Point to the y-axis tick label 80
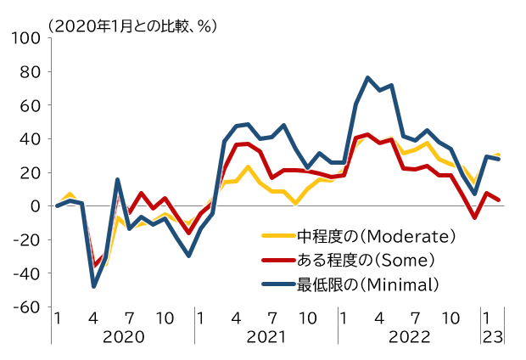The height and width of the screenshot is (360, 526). click(x=30, y=71)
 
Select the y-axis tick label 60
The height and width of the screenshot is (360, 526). click(x=30, y=105)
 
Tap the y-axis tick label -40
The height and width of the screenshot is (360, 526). click(x=26, y=273)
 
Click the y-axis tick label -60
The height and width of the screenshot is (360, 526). click(x=26, y=307)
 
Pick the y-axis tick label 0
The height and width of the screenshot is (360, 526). click(x=35, y=206)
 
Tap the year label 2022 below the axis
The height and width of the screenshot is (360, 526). click(x=409, y=336)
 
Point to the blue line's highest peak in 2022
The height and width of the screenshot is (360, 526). click(x=367, y=77)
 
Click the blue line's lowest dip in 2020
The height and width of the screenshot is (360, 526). click(x=93, y=286)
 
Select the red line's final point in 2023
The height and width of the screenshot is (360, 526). click(x=499, y=200)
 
